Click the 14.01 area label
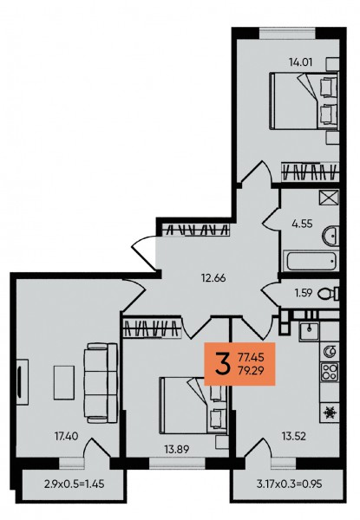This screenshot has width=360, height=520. (301, 62)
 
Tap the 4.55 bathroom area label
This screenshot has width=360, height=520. (302, 224)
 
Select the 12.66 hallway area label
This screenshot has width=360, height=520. (213, 277)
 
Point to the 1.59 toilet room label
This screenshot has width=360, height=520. (304, 293)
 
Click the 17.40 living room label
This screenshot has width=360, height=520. (66, 436)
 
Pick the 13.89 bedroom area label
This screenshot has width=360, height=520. (177, 449)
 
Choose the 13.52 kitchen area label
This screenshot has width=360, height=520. (294, 437)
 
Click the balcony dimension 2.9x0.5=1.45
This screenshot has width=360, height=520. (74, 484)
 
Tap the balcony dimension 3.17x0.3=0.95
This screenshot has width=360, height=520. (290, 484)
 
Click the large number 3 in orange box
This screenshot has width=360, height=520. (222, 364)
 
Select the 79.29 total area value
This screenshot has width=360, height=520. (252, 370)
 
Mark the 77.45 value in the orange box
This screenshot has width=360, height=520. (252, 357)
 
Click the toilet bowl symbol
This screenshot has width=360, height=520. (329, 293)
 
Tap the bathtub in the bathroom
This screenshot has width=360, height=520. (311, 261)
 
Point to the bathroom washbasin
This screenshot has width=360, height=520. (331, 236)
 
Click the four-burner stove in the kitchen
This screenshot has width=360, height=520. (330, 371)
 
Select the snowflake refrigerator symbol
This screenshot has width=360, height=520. (330, 413)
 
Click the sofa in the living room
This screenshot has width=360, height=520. (101, 383)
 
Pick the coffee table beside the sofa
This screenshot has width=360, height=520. (64, 383)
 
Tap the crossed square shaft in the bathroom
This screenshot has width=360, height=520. (329, 198)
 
